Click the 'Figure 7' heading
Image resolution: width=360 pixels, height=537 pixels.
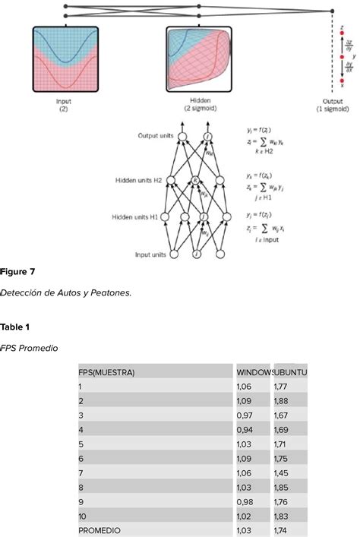17,270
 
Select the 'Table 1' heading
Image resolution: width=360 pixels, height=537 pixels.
16,327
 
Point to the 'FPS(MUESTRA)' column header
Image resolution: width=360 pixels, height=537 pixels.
106,372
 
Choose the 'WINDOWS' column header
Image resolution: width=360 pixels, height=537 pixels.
254,372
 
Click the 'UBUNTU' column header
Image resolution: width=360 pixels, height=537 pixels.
291,372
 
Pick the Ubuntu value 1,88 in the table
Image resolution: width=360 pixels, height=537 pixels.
283,401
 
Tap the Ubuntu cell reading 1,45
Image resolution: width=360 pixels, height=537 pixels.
283,474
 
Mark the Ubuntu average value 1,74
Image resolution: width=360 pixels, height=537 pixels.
283,531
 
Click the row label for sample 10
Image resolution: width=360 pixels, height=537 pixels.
82,516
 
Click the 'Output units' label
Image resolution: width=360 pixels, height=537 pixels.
156,136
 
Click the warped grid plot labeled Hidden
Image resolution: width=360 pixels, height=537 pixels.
198,60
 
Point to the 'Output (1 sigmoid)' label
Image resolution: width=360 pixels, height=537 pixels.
333,104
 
